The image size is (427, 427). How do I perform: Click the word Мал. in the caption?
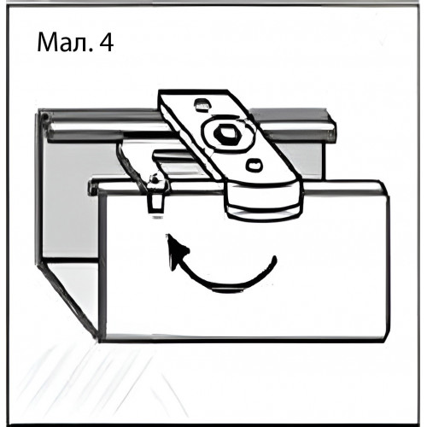(65, 43)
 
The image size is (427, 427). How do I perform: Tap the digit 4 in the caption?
(106, 43)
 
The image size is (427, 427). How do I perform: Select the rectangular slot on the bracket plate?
(202, 104)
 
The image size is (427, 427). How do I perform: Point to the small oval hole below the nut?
(254, 166)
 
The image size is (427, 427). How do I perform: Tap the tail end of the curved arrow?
(274, 259)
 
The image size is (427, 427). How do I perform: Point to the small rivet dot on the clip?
(155, 178)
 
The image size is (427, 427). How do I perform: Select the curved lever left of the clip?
(131, 165)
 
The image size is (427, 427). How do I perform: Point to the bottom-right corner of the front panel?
(387, 341)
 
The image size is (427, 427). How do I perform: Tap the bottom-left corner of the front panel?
(99, 341)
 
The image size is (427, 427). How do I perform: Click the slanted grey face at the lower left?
(68, 299)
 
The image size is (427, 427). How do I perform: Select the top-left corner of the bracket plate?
(160, 91)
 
